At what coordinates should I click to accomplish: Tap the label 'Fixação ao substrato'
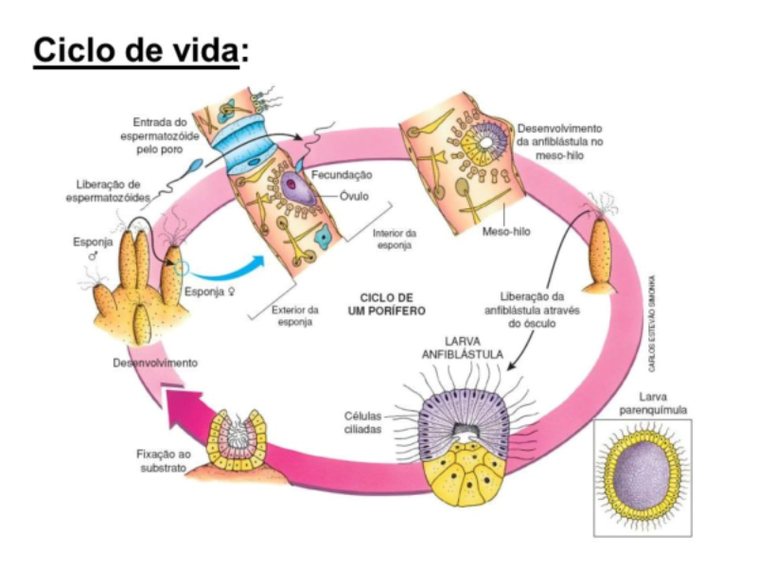pyautogui.click(x=163, y=461)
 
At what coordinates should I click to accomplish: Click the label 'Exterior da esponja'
pyautogui.click(x=294, y=315)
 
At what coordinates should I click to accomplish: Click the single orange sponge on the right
pyautogui.click(x=602, y=253)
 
